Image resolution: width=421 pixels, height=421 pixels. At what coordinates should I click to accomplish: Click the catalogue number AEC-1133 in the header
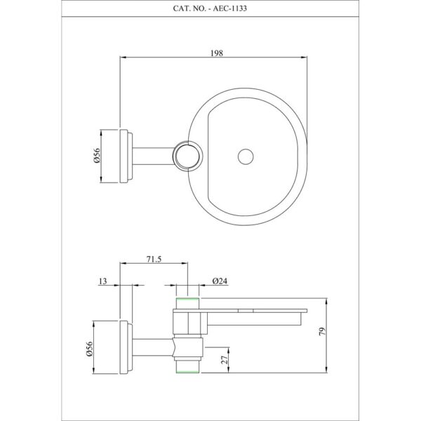tap(230, 8)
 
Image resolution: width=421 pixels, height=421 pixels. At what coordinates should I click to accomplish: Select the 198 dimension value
tap(217, 53)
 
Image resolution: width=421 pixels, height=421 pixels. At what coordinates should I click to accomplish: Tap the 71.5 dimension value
tap(154, 260)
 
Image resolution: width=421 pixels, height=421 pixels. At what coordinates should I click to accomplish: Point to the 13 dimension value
tap(103, 281)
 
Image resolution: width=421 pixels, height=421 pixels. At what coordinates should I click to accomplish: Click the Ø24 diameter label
tap(220, 281)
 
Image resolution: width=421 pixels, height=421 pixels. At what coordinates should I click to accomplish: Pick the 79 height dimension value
tap(322, 331)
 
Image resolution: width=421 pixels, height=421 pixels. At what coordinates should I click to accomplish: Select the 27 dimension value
tap(225, 359)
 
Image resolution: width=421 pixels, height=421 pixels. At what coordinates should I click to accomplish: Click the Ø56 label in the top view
tap(97, 156)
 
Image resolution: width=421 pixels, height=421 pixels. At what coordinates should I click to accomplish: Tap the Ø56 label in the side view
tap(89, 349)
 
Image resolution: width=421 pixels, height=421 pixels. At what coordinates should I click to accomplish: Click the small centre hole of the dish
tap(246, 156)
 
